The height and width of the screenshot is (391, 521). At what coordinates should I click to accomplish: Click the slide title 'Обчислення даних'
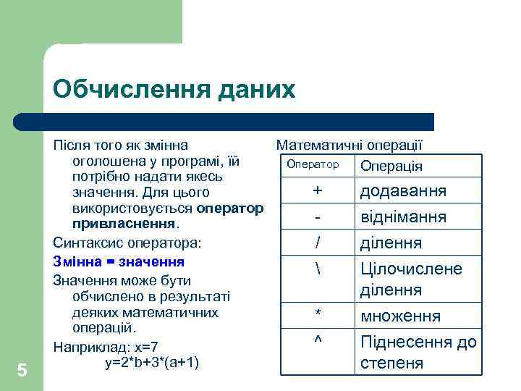174,89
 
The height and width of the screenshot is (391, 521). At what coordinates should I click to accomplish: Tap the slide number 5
22,371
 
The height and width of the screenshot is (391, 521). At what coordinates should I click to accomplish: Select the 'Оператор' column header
313,164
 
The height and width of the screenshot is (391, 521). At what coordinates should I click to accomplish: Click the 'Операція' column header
391,166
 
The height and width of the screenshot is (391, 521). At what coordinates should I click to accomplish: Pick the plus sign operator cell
317,190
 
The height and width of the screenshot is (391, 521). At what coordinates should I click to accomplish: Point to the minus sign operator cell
317,216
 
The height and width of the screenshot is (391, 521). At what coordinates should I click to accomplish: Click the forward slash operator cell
317,242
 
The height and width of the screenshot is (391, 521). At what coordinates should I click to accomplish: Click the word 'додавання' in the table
403,191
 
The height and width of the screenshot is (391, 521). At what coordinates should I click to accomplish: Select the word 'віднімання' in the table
403,217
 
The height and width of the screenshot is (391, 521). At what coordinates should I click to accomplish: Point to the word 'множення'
400,316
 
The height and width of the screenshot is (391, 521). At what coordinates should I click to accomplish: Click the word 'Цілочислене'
410,269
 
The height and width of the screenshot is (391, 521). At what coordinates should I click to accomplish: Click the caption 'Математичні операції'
349,145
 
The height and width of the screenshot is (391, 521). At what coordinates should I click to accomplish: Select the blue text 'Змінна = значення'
119,261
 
